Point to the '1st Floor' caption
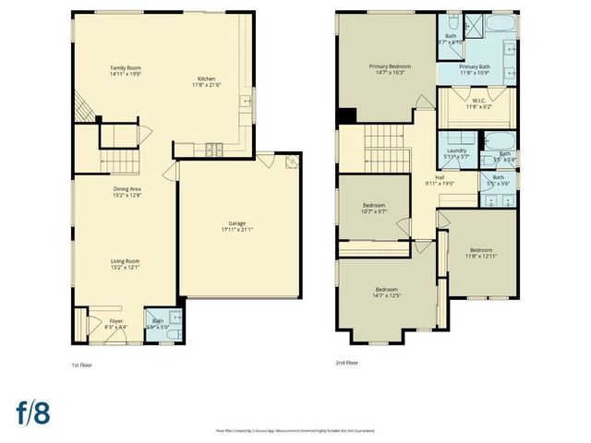(x=81, y=364)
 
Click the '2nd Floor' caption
(x=346, y=363)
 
